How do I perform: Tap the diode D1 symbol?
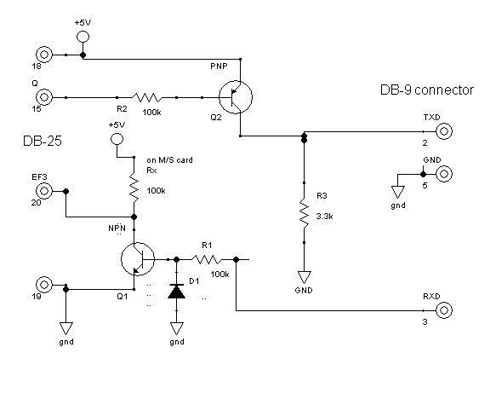click(x=176, y=292)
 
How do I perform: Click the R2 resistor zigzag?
click(x=147, y=97)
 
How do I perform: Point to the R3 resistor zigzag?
click(x=304, y=213)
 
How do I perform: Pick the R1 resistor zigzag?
click(x=207, y=260)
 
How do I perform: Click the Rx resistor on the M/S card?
click(x=134, y=189)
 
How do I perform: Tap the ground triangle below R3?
click(x=304, y=277)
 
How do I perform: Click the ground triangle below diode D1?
click(x=176, y=328)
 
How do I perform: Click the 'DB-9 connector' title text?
click(x=427, y=90)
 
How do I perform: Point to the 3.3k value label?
click(x=324, y=217)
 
